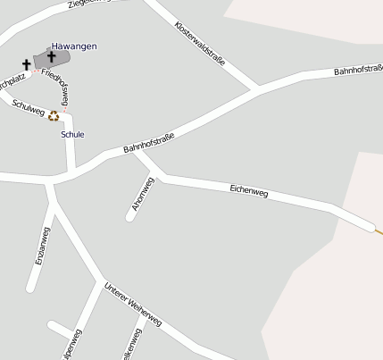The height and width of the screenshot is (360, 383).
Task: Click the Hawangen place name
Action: tap(74, 46)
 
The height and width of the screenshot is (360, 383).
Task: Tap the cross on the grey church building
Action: tap(51, 57)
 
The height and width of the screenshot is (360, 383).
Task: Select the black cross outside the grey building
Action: tap(26, 64)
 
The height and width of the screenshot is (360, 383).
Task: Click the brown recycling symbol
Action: tap(54, 115)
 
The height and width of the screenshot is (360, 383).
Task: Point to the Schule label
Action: tap(72, 134)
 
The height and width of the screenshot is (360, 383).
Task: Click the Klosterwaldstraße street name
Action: tap(200, 48)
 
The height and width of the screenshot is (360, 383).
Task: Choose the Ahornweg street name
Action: tap(143, 194)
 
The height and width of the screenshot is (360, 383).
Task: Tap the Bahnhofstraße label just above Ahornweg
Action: tap(148, 142)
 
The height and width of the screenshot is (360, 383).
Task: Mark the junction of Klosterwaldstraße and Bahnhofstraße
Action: tap(257, 88)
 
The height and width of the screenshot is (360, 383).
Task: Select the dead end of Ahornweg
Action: tap(130, 217)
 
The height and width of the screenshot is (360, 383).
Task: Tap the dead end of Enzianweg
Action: tap(31, 288)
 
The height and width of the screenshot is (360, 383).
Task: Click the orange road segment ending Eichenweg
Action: tap(378, 230)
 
